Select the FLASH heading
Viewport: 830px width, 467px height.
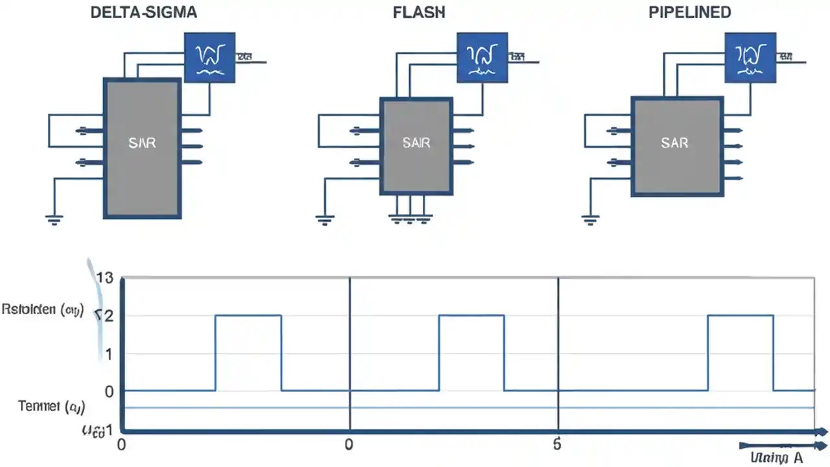click(419, 13)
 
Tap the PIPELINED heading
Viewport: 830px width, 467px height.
click(689, 13)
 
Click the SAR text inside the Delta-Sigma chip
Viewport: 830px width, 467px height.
click(142, 143)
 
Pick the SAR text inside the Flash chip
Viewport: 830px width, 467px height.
click(416, 143)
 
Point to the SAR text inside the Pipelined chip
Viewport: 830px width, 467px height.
click(674, 143)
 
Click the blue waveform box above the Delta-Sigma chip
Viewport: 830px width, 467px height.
click(209, 58)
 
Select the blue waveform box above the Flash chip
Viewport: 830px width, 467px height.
click(482, 58)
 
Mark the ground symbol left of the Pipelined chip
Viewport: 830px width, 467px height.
click(589, 219)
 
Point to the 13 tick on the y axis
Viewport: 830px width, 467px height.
click(104, 278)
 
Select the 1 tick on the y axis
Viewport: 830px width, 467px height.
click(109, 354)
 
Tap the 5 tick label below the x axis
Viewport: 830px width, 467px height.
click(556, 445)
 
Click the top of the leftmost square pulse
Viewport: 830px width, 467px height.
click(248, 315)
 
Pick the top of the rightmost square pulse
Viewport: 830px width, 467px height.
click(740, 315)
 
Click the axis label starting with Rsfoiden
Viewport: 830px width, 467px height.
click(43, 310)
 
